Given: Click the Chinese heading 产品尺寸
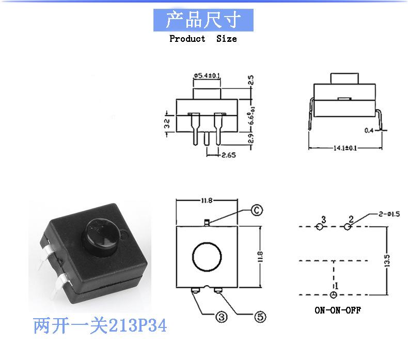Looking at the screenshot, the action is point(203,21).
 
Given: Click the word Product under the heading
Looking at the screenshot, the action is point(187,39).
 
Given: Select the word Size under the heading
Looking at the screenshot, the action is point(226,39).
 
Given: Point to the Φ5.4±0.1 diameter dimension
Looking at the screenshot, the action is point(207,76).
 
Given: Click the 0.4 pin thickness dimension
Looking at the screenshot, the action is point(368,130).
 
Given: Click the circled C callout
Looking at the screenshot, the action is point(256,210).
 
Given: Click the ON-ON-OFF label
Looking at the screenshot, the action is point(338,310).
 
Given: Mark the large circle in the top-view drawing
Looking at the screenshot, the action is point(207,256).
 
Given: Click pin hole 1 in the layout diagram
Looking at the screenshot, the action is point(334,294).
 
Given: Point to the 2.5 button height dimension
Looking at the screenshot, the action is point(251,80).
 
